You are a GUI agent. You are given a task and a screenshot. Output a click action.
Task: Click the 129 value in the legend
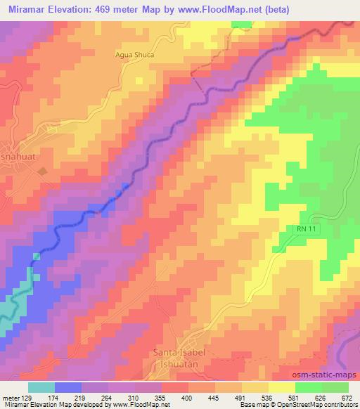(21, 397)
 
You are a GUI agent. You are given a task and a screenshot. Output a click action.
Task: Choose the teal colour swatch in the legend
(41, 387)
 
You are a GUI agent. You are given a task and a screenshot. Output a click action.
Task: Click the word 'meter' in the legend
(8, 397)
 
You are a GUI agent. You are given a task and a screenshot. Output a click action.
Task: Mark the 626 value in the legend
(319, 397)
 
